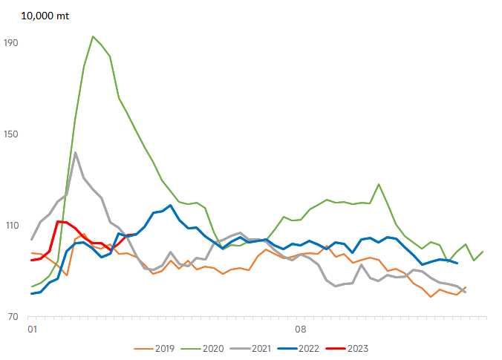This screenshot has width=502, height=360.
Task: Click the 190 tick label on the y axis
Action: click(x=11, y=43)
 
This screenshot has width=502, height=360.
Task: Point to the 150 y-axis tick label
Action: click(x=11, y=134)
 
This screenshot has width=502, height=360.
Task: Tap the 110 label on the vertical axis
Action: click(x=12, y=226)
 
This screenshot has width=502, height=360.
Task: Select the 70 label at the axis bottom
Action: click(x=13, y=317)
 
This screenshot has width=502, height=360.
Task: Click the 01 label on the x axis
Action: click(x=33, y=330)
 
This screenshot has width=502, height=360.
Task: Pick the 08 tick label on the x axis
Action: click(x=301, y=330)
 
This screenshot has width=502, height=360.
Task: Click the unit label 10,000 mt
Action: click(x=45, y=16)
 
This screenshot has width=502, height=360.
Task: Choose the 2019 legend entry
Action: click(x=154, y=348)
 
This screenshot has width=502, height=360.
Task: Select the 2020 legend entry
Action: click(x=202, y=348)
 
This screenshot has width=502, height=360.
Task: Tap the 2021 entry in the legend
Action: click(x=251, y=348)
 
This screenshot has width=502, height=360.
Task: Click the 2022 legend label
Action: click(x=299, y=348)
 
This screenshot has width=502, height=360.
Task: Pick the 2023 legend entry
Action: click(x=347, y=348)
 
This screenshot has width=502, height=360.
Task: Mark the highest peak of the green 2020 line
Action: click(x=93, y=36)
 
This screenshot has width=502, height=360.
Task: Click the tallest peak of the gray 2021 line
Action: click(x=75, y=153)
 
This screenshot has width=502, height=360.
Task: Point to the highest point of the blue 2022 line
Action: click(x=170, y=206)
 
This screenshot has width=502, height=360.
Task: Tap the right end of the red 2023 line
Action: click(x=136, y=235)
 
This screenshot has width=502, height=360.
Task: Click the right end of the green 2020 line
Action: click(x=483, y=252)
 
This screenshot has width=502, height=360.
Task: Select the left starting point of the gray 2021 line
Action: click(x=32, y=239)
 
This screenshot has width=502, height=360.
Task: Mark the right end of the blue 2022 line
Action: click(x=457, y=263)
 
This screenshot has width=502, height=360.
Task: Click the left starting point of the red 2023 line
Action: click(x=32, y=260)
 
